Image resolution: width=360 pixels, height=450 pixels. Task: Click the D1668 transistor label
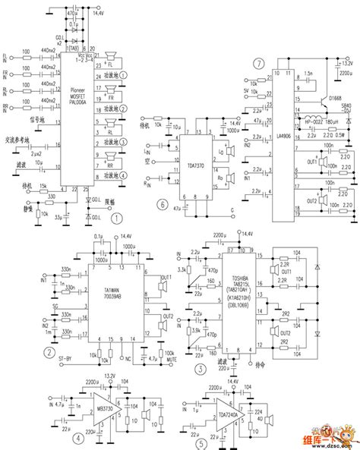click(x=333, y=97)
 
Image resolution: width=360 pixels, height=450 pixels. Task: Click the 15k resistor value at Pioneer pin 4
click(x=44, y=185)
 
